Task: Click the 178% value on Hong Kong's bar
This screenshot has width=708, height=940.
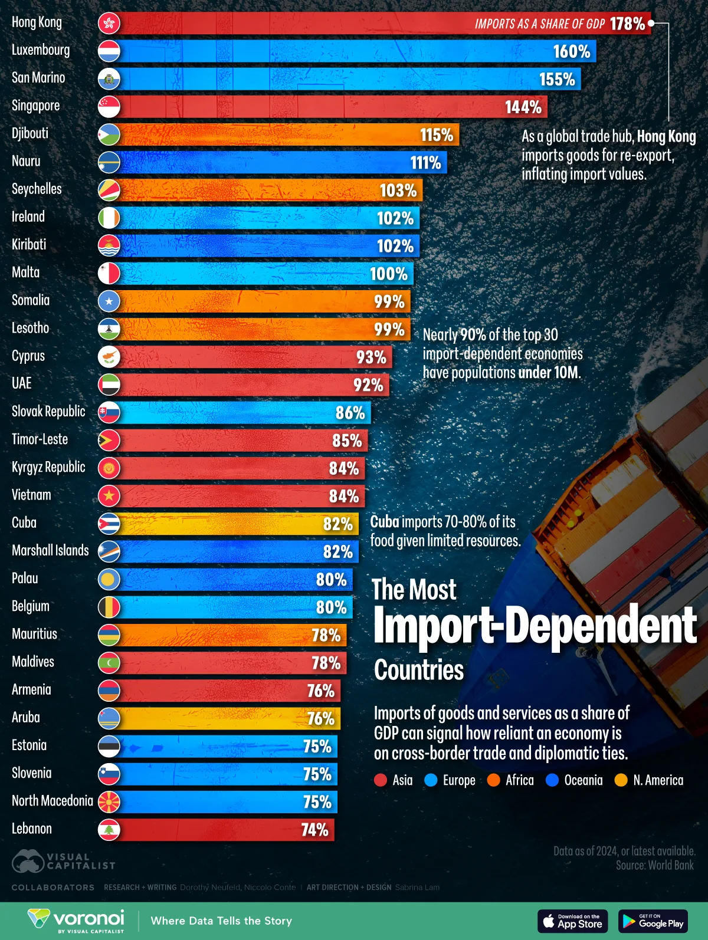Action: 627,24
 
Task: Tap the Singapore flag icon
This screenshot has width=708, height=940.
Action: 109,107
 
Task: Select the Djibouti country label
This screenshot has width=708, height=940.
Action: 30,133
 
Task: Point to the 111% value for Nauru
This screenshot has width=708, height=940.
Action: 425,163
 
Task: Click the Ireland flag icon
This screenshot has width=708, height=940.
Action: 109,218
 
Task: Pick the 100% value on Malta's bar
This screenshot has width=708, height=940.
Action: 388,274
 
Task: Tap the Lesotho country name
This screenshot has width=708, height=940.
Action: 30,328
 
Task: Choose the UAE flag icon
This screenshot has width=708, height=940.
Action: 109,384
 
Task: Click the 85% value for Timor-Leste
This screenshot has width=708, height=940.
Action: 347,441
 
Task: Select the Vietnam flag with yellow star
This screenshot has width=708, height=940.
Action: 109,496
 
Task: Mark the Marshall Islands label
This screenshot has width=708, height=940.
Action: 50,550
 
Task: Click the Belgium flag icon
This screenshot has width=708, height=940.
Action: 109,607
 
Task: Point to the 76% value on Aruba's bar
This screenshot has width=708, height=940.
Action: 320,719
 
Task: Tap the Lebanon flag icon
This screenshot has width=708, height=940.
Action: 109,830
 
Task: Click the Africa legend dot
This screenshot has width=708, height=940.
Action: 494,780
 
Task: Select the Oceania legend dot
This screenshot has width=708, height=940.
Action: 552,780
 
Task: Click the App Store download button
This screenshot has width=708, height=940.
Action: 572,921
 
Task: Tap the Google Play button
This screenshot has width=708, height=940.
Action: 653,921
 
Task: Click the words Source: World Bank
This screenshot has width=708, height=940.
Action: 655,865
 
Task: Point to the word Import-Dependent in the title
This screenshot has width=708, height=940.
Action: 535,625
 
